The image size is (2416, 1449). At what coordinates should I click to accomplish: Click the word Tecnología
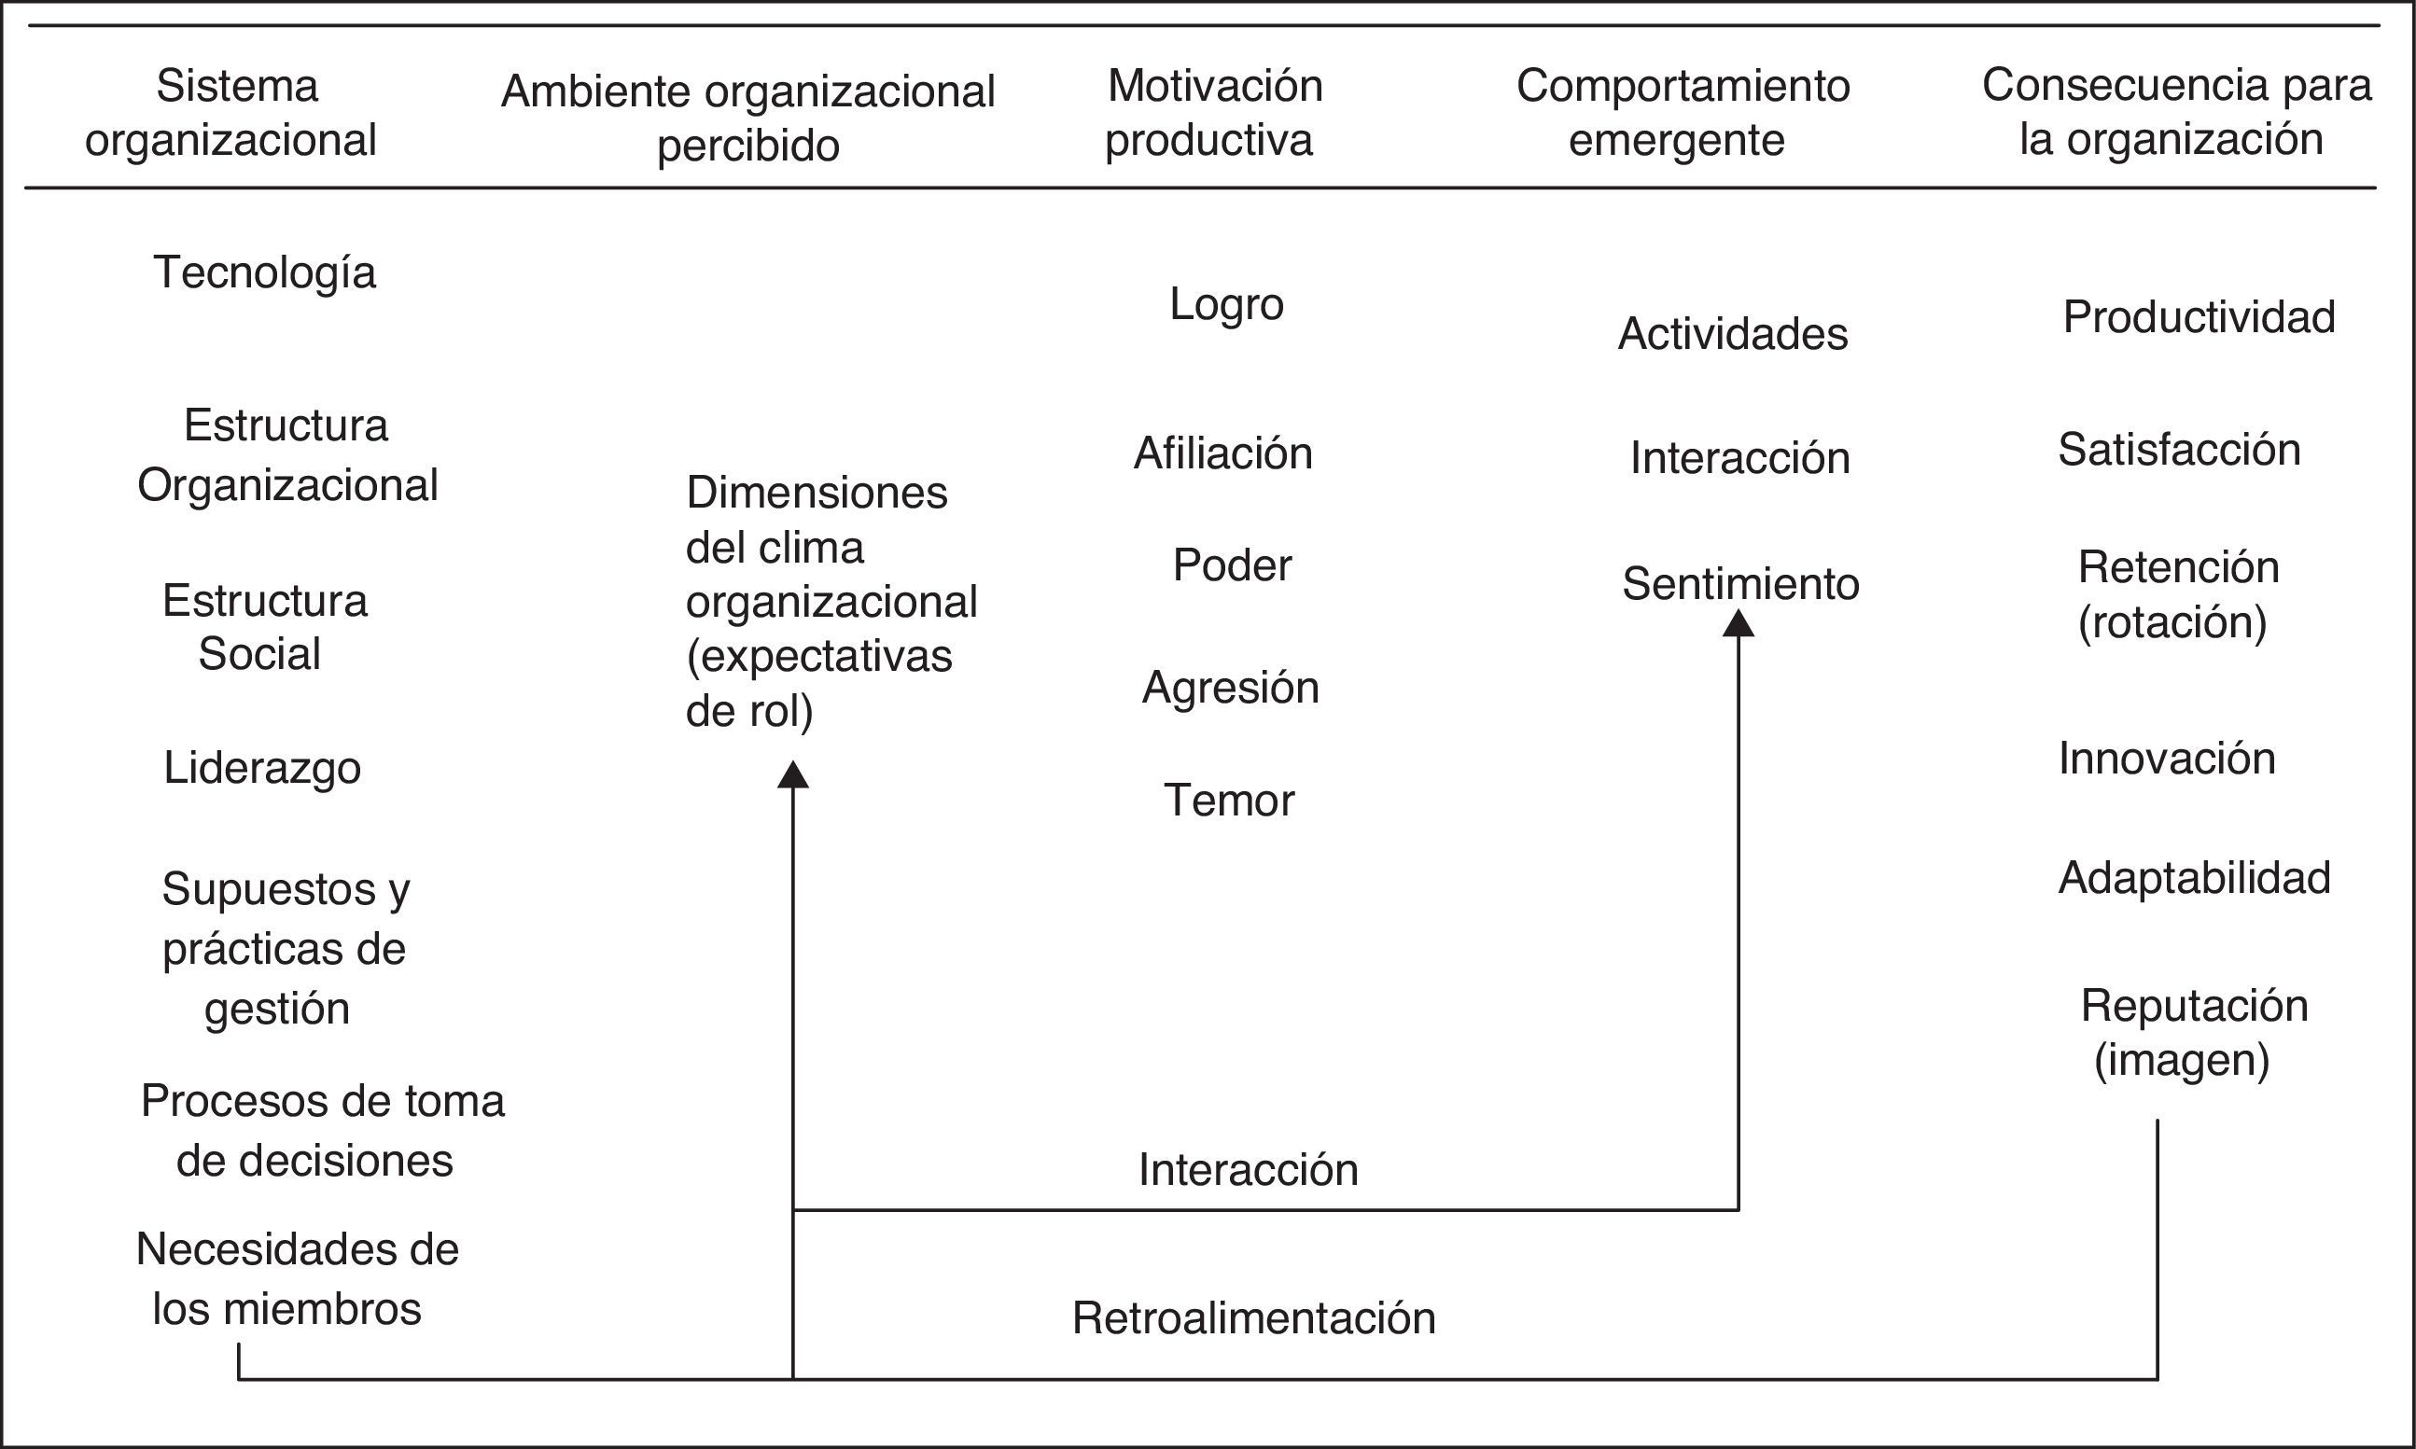coord(265,272)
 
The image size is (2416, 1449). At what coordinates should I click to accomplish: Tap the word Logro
coord(1226,303)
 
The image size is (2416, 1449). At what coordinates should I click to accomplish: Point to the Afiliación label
coord(1222,453)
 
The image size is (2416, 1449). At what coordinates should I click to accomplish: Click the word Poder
coord(1232,565)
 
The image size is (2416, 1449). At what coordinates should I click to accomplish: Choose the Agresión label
coord(1231,688)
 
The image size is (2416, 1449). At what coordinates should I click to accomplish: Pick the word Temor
coord(1228,801)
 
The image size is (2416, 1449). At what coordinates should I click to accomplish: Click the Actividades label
coord(1732,334)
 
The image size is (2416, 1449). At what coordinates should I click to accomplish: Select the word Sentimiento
coord(1740,584)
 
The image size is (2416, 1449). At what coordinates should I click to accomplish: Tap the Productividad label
coord(2199,317)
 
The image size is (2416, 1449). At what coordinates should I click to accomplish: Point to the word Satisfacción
coord(2179,450)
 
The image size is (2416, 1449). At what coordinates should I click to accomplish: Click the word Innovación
coord(2167,759)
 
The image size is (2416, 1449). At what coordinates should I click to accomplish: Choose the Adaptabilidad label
coord(2194,878)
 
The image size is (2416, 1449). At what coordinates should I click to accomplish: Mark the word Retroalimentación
coord(1254,1318)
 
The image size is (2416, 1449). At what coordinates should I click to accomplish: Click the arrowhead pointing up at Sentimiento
coord(1739,623)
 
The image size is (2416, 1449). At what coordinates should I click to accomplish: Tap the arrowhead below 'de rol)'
coord(793,774)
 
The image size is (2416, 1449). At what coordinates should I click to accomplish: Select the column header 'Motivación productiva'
coord(1214,112)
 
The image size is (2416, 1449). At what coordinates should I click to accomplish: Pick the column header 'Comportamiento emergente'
coord(1682,112)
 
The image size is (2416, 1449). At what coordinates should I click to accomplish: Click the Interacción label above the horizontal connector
coord(1248,1170)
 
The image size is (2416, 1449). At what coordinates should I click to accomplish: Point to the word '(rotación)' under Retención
coord(2172,622)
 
